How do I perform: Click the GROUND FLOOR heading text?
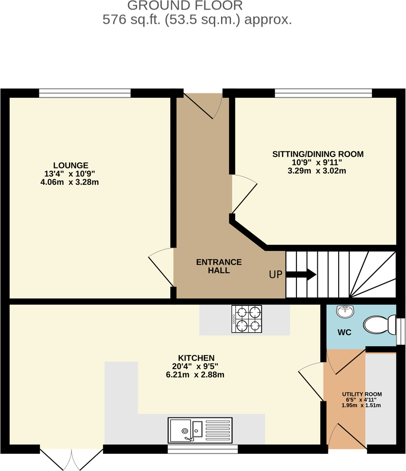pyautogui.click(x=185, y=6)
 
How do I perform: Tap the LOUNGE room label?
pyautogui.click(x=71, y=166)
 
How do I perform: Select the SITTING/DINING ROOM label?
pyautogui.click(x=318, y=154)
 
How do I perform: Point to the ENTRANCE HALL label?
pyautogui.click(x=219, y=266)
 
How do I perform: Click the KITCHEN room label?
pyautogui.click(x=196, y=358)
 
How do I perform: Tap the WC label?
pyautogui.click(x=344, y=332)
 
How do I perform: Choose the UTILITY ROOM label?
pyautogui.click(x=362, y=394)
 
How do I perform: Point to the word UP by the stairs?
pyautogui.click(x=276, y=275)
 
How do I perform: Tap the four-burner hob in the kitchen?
pyautogui.click(x=247, y=319)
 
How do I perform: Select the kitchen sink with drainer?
pyautogui.click(x=200, y=430)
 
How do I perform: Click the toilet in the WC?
pyautogui.click(x=379, y=325)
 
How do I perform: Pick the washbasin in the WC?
pyautogui.click(x=344, y=312)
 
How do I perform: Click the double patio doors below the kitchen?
pyautogui.click(x=72, y=458)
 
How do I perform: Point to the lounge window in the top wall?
pyautogui.click(x=84, y=93)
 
